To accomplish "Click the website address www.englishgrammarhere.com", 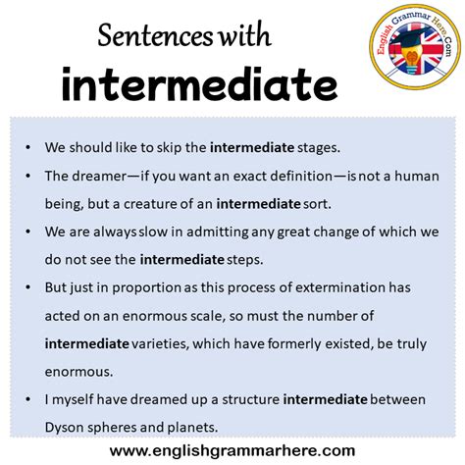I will click(232, 450).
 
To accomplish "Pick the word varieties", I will click(165, 343).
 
